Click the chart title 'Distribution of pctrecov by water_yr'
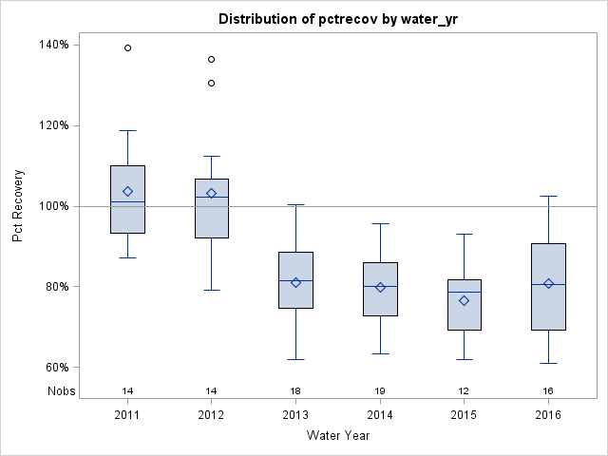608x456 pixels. pyautogui.click(x=338, y=19)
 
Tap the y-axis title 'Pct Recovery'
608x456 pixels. pyautogui.click(x=18, y=206)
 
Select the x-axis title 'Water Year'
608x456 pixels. pyautogui.click(x=338, y=435)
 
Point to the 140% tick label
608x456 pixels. pyautogui.click(x=53, y=45)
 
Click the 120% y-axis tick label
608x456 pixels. pyautogui.click(x=53, y=125)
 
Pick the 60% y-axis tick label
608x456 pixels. pyautogui.click(x=55, y=368)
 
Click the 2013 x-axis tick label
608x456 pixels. pyautogui.click(x=295, y=414)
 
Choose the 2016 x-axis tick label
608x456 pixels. pyautogui.click(x=548, y=414)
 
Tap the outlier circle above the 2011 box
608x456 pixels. pyautogui.click(x=127, y=47)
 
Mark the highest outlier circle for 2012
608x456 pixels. pyautogui.click(x=211, y=59)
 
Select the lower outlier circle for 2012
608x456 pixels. pyautogui.click(x=211, y=83)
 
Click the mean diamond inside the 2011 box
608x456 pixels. pyautogui.click(x=127, y=191)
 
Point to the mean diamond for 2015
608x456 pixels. pyautogui.click(x=465, y=300)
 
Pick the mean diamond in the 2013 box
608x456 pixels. pyautogui.click(x=295, y=282)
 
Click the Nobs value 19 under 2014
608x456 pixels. pyautogui.click(x=380, y=390)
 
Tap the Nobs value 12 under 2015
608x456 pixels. pyautogui.click(x=465, y=390)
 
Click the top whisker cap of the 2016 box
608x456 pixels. pyautogui.click(x=548, y=196)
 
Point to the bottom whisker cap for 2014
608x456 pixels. pyautogui.click(x=380, y=353)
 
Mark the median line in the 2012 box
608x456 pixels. pyautogui.click(x=211, y=197)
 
